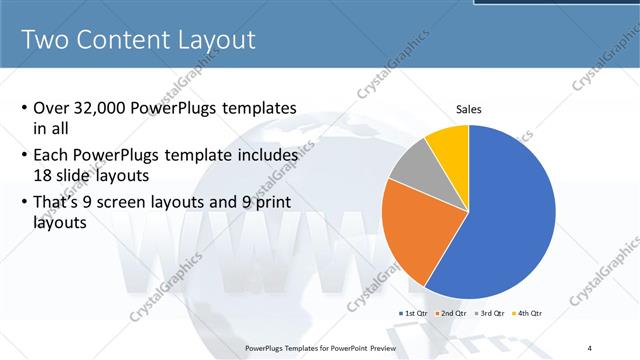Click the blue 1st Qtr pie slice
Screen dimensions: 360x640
510,215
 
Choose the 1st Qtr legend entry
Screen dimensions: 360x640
415,314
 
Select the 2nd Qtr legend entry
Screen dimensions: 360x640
453,314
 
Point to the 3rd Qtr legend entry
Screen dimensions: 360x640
491,314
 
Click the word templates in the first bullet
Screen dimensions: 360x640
262,108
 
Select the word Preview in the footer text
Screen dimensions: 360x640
377,347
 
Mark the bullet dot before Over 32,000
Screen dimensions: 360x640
24,109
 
